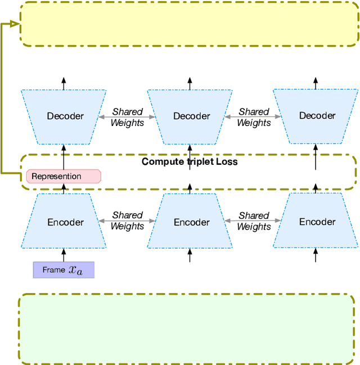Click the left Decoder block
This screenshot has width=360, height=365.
click(x=63, y=116)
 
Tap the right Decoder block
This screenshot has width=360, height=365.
click(x=317, y=116)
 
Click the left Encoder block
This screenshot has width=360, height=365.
click(x=63, y=222)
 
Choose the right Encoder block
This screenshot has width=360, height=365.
click(x=317, y=222)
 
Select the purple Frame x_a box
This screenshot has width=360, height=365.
click(x=63, y=269)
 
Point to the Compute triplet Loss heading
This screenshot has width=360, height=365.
click(x=190, y=162)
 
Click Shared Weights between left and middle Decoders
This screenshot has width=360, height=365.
click(x=127, y=117)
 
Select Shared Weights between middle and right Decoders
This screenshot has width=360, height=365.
click(x=254, y=117)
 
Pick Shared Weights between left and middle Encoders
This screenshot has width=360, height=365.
click(x=127, y=220)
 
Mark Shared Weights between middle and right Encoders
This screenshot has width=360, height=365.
click(x=254, y=220)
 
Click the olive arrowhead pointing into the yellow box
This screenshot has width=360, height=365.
click(x=15, y=24)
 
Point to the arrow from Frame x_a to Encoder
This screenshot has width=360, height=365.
click(x=63, y=255)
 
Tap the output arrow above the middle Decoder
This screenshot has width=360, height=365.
click(x=190, y=83)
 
